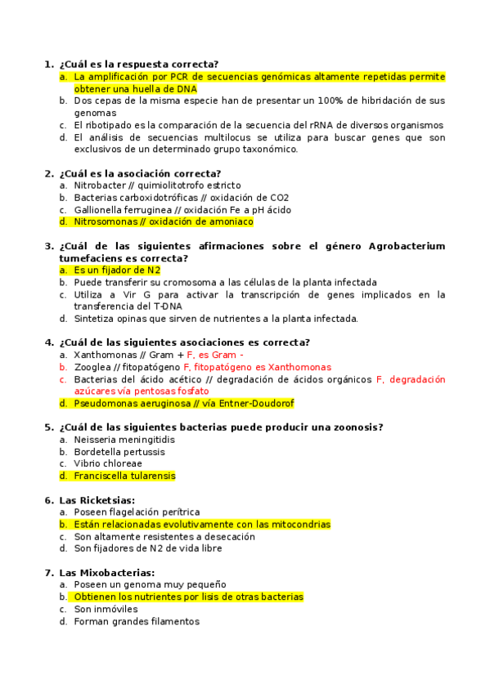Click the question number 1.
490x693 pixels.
(x=47, y=65)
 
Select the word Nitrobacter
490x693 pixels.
(x=99, y=186)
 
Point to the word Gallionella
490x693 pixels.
(x=99, y=210)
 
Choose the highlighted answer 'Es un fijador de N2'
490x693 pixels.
(x=117, y=270)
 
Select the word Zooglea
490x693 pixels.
(x=92, y=367)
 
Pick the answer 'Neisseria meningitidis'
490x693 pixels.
(x=124, y=440)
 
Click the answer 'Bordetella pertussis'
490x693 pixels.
(x=119, y=452)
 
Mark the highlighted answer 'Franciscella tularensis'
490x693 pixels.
(x=124, y=476)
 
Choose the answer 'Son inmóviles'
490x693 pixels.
(x=106, y=609)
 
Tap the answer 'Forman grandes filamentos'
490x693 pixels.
(x=136, y=621)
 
